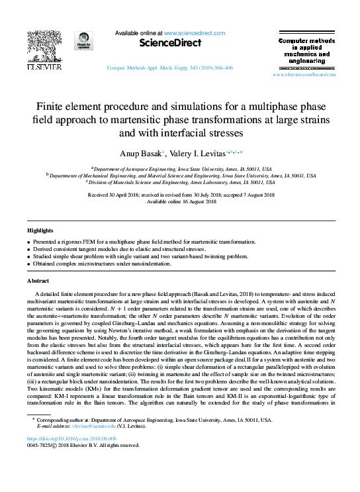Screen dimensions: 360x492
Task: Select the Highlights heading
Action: pyautogui.click(x=40, y=230)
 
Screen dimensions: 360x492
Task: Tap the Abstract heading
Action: pyautogui.click(x=38, y=281)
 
